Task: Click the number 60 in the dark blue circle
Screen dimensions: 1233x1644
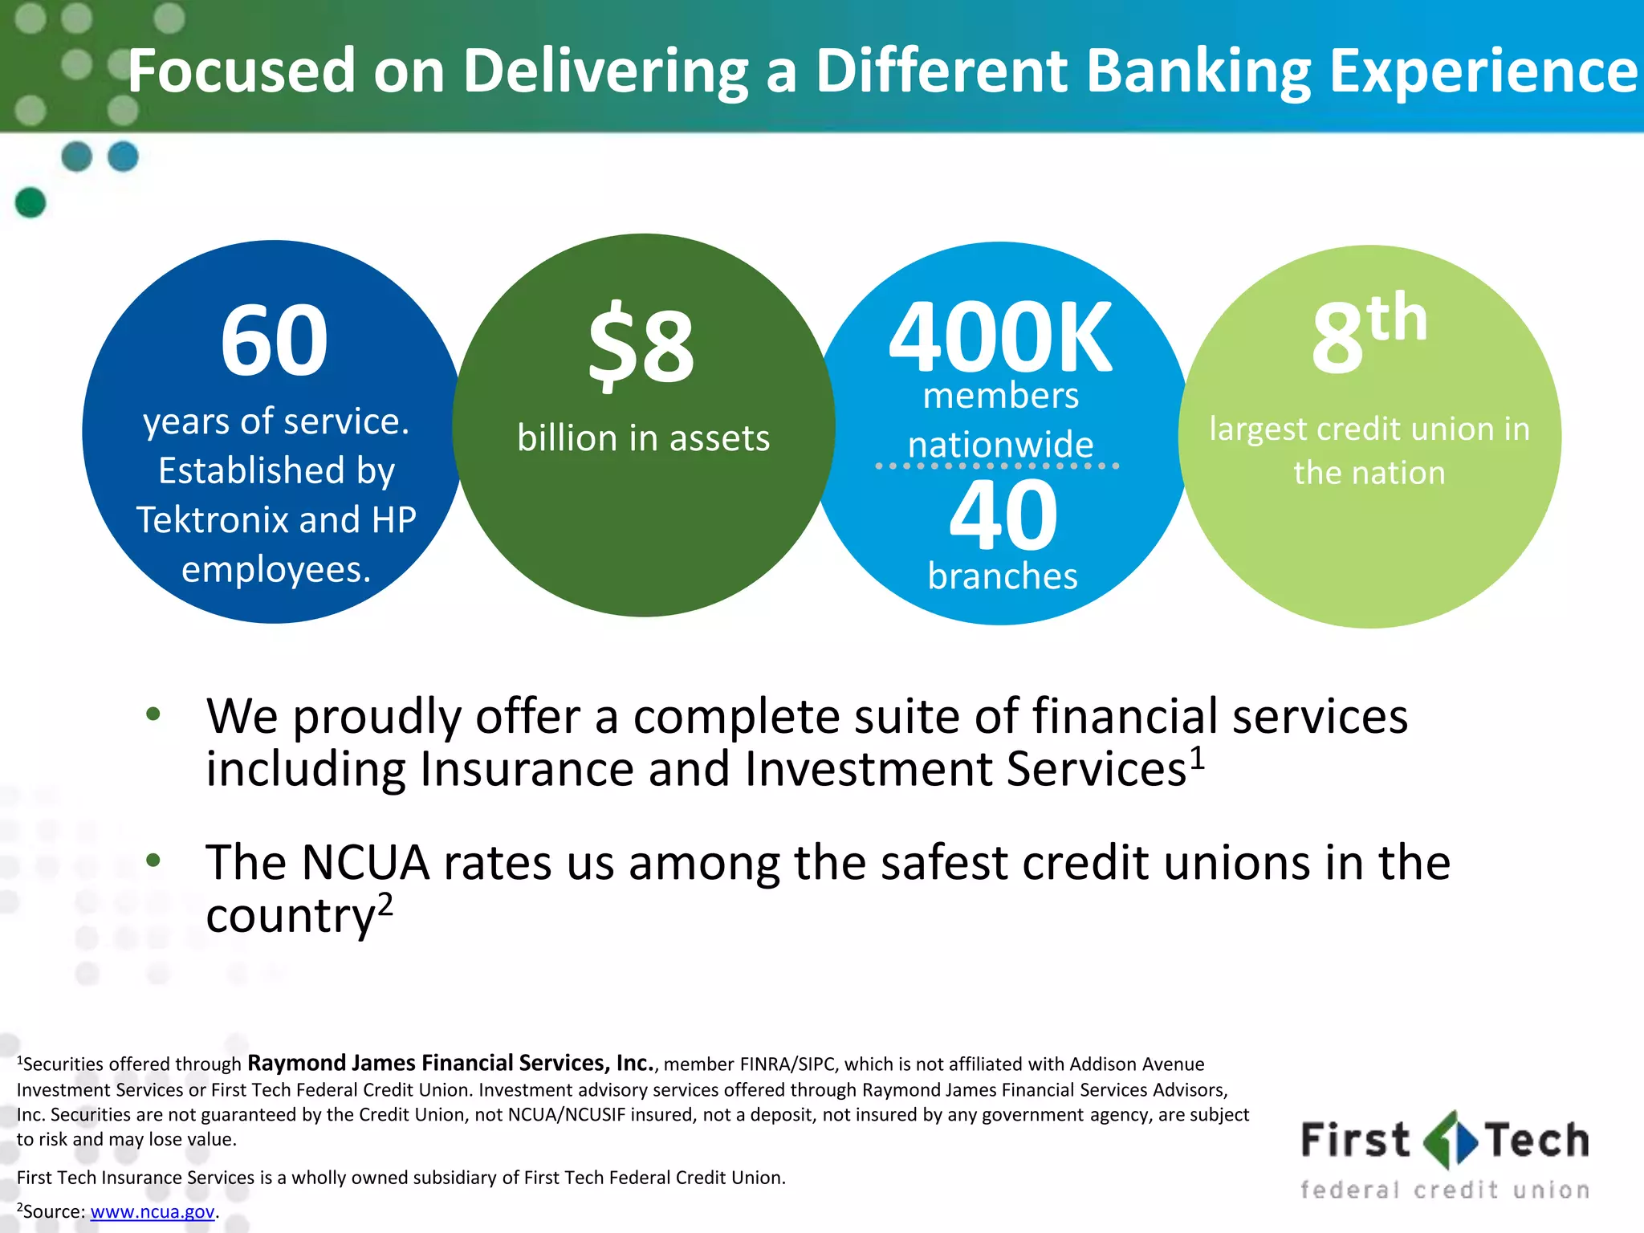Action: [x=275, y=340]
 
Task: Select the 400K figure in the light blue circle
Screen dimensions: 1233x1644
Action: [x=1000, y=337]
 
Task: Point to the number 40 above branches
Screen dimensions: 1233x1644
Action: [x=1003, y=515]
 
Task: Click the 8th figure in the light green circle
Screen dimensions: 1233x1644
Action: [x=1369, y=333]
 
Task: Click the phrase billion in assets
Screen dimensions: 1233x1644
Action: [x=643, y=438]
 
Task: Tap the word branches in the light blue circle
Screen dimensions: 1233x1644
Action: [x=1003, y=576]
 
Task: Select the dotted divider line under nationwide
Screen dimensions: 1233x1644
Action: [x=997, y=466]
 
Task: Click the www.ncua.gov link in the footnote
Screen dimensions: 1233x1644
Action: [x=153, y=1211]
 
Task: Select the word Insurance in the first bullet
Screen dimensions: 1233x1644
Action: [x=525, y=769]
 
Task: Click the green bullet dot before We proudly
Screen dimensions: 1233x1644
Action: [x=153, y=714]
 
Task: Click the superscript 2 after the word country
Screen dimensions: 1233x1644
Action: [x=385, y=905]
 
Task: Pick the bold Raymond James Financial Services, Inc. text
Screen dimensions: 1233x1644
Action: [x=451, y=1063]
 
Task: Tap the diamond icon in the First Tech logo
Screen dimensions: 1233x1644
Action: [x=1449, y=1140]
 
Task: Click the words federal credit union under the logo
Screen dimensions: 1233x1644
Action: [x=1445, y=1190]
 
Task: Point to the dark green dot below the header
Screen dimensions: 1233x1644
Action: [x=31, y=202]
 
